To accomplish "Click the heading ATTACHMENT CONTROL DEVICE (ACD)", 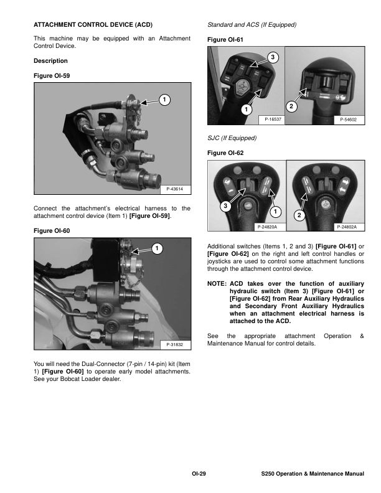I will (92, 24).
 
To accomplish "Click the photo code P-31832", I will (176, 344).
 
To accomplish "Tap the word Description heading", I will (50, 61).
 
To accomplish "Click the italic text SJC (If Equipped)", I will (231, 138).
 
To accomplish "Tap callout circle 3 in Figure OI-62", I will (225, 205).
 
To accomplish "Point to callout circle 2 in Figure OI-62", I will (299, 215).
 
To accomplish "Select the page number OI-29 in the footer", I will (199, 474).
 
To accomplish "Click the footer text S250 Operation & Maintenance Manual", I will (313, 474).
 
